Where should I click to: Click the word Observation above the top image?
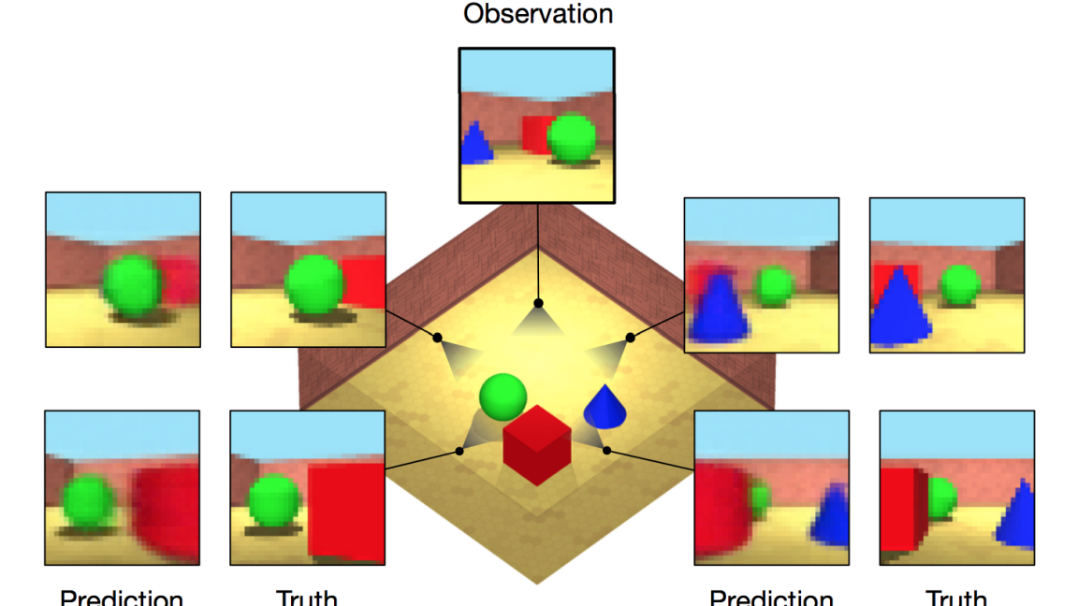click(x=538, y=14)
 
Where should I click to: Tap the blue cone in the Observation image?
click(x=476, y=145)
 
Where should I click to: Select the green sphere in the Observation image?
click(x=571, y=138)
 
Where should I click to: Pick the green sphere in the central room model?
click(x=503, y=396)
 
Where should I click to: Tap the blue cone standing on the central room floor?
click(x=603, y=405)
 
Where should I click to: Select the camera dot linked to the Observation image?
click(x=538, y=303)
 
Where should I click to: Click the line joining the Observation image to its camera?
click(x=537, y=252)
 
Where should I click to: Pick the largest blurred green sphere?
click(x=135, y=287)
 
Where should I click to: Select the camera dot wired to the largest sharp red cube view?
click(x=459, y=451)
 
